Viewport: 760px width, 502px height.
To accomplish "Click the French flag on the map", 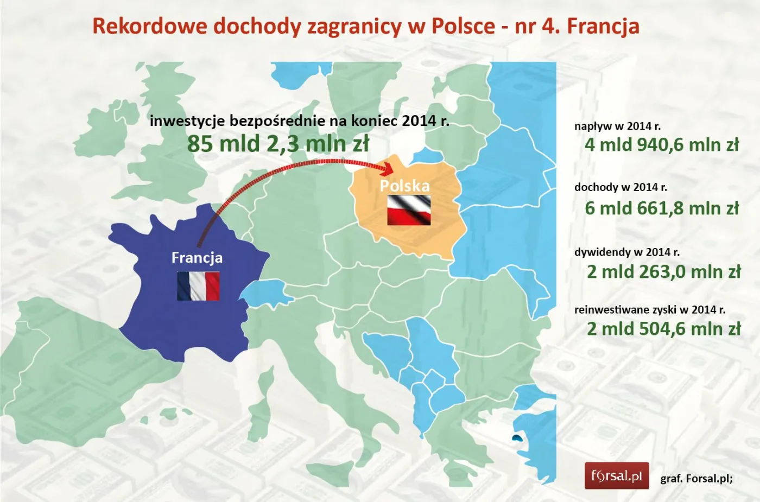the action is coord(198,286).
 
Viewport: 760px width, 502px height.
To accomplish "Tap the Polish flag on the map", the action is coord(409,210).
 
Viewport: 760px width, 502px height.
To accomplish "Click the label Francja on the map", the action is coord(197,257).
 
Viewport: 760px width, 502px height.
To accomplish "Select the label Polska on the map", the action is coord(404,186).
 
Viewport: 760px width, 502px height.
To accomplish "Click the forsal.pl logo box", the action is coord(616,476).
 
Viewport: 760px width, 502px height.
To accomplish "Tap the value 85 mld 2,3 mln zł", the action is coord(278,144).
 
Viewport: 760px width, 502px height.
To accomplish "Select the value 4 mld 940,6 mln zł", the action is coord(662,145).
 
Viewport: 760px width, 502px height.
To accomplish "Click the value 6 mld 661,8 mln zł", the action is coord(662,208).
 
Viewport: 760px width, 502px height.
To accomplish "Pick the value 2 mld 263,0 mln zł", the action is coord(663,271).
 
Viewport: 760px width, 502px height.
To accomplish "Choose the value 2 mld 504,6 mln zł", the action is coord(663,329).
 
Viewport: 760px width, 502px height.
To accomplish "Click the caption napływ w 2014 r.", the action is coord(617,126).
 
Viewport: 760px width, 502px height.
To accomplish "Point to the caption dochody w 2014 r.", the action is coord(620,187).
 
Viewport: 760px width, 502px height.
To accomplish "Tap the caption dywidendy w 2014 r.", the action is coord(627,252).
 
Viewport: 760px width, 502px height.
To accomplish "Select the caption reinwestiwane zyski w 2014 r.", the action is coord(650,310).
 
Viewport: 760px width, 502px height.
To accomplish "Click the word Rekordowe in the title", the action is coord(149,26).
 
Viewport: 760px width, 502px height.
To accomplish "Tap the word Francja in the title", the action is coord(603,26).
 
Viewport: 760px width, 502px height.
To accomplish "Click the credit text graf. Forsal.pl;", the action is coord(696,479).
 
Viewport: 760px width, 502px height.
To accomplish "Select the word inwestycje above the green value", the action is coord(187,120).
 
